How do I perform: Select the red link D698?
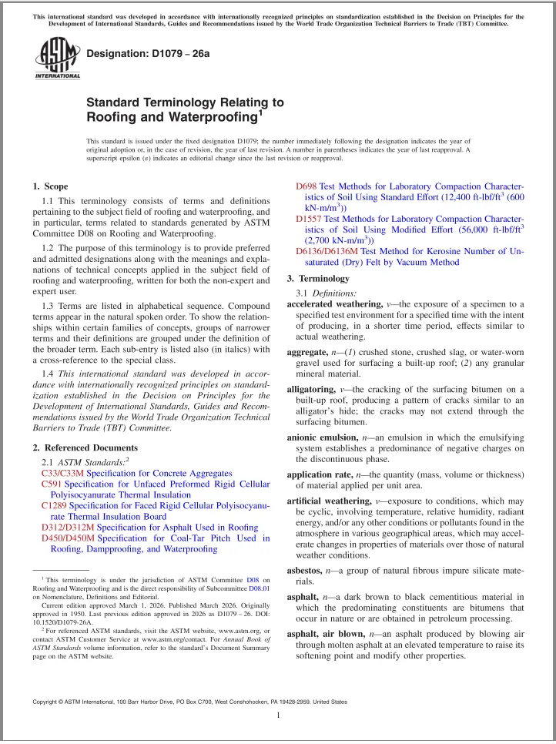pyautogui.click(x=306, y=186)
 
